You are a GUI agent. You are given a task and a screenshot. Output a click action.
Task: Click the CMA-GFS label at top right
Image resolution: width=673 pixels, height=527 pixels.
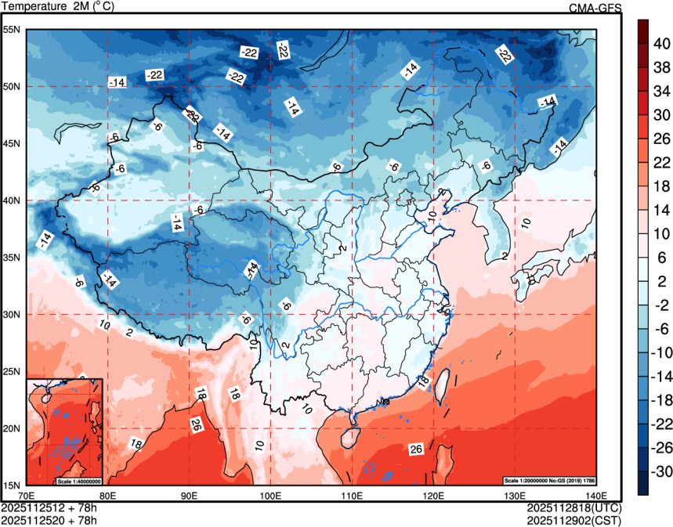pos(595,8)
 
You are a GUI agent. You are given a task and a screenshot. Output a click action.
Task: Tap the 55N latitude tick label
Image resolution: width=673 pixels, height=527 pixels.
pos(13,30)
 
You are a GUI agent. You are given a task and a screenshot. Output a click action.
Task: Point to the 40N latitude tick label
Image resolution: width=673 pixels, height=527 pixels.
pos(13,200)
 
